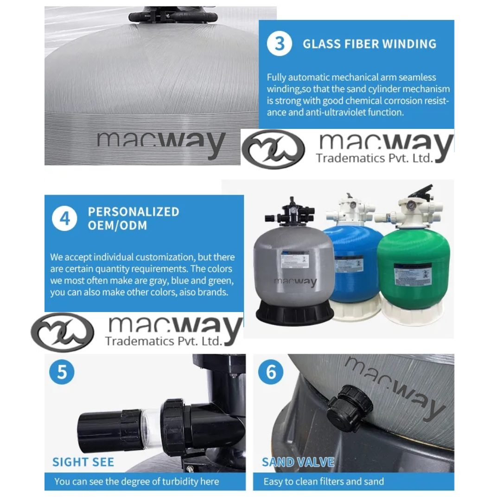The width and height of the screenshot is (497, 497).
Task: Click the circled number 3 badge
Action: point(280,44)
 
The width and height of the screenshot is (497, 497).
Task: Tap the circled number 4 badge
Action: point(64,218)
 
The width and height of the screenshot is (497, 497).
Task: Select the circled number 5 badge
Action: point(62,372)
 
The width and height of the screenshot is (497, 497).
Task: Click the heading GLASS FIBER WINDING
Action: point(370,44)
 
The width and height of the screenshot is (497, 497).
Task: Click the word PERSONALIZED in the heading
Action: point(134,212)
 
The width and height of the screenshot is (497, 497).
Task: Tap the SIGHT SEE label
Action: point(83,462)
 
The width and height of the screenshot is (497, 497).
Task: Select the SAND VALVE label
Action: point(298,462)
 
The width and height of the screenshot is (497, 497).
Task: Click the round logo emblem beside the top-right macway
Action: point(274,149)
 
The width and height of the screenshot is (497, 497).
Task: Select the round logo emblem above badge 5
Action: point(63,332)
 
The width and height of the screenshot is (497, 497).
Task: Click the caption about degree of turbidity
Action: point(136,481)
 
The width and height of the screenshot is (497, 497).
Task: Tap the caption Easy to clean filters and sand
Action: point(324,481)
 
